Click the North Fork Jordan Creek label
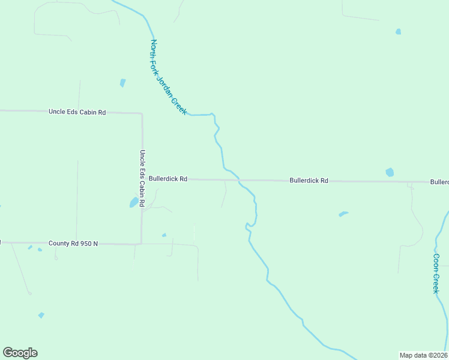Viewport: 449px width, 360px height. pos(169,77)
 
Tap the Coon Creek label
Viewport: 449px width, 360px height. pos(436,273)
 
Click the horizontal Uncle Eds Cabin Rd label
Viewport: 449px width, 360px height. pos(77,112)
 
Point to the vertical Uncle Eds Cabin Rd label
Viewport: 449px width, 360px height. pos(142,178)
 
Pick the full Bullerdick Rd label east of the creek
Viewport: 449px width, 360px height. pos(309,180)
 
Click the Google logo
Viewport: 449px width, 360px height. pos(20,353)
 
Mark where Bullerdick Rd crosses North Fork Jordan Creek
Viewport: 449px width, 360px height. pos(239,179)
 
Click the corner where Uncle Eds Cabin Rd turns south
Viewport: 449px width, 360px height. pos(142,113)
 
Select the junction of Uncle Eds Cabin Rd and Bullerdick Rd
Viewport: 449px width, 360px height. pos(142,179)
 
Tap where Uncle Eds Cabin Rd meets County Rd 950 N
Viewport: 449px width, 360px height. pos(142,243)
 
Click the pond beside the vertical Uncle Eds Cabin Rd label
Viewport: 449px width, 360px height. pos(133,203)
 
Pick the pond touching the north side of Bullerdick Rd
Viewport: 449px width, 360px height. pos(390,172)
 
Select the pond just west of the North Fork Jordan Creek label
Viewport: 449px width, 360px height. pos(122,83)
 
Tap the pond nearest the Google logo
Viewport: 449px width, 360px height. pos(41,315)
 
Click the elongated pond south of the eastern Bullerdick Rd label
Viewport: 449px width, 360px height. pos(343,213)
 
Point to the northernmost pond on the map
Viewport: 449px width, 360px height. pos(398,31)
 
